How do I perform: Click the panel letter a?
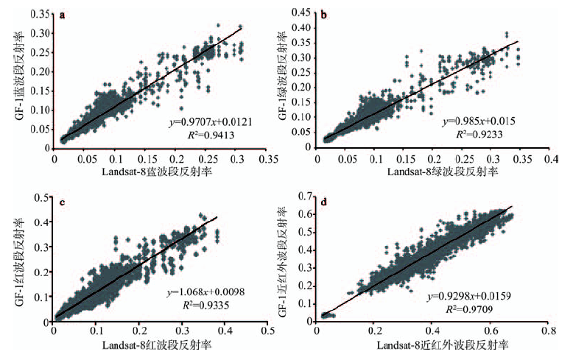[63, 15]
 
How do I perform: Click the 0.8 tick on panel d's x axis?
[546, 332]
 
